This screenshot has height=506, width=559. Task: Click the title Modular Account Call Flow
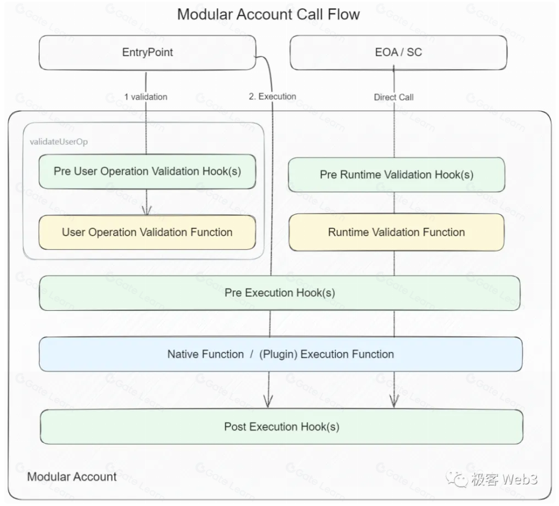(268, 14)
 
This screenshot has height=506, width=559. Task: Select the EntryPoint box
(147, 52)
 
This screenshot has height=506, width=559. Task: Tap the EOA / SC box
(398, 52)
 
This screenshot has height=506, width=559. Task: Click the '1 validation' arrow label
(145, 97)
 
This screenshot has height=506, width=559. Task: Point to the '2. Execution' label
(272, 96)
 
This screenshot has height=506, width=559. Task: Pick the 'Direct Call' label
(393, 97)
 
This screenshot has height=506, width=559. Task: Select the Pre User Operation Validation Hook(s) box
(147, 171)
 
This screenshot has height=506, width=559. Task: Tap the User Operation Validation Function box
(147, 232)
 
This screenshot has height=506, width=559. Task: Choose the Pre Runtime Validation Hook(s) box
(396, 174)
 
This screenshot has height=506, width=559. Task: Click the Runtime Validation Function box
(396, 232)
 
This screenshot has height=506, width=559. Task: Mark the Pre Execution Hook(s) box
(280, 292)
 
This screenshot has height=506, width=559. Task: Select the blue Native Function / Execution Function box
(280, 354)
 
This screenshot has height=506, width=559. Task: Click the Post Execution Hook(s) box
(281, 427)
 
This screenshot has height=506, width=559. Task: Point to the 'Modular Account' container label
(72, 477)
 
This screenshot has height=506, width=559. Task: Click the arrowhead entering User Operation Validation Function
(146, 210)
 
